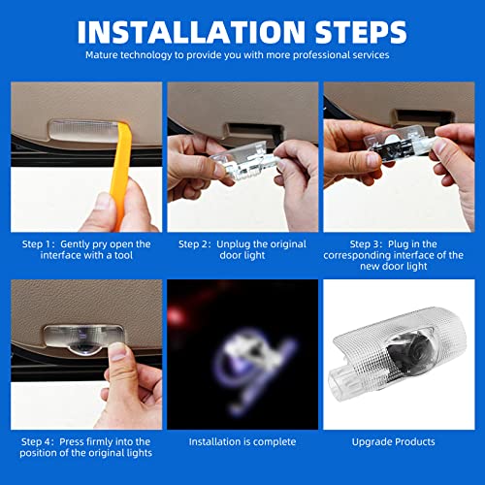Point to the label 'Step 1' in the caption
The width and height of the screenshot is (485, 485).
pyautogui.click(x=36, y=243)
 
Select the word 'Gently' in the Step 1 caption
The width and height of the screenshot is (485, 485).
pyautogui.click(x=75, y=243)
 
